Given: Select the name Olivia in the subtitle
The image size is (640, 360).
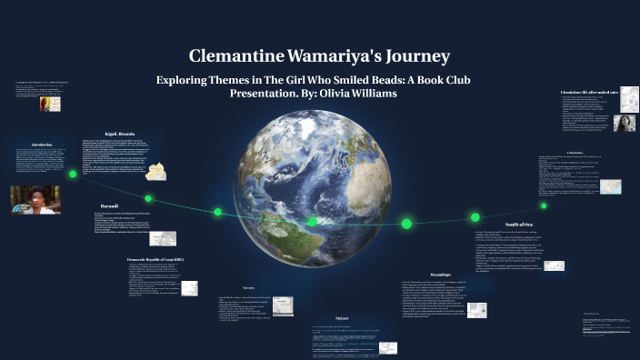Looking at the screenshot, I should pos(343,94).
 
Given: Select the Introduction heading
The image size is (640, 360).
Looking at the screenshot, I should pos(42,145).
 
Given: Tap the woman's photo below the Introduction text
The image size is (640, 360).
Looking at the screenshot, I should pos(35,200).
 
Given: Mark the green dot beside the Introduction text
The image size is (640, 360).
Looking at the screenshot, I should pos(74,173).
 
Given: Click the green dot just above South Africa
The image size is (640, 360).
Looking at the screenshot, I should pos(475,217).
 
